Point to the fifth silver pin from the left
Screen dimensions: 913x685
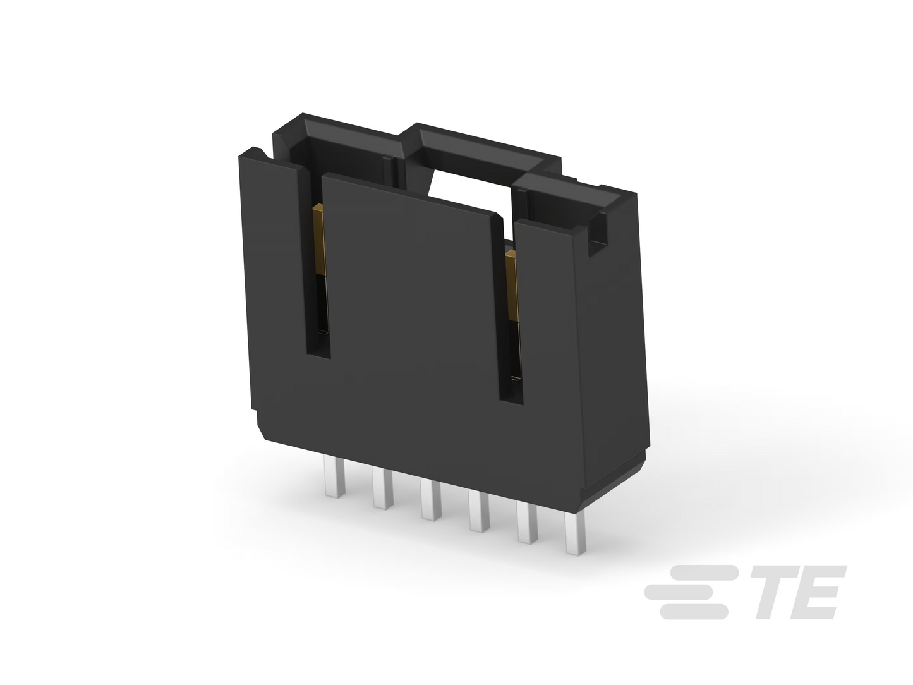pos(528,522)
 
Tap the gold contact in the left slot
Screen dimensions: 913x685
pos(319,239)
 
